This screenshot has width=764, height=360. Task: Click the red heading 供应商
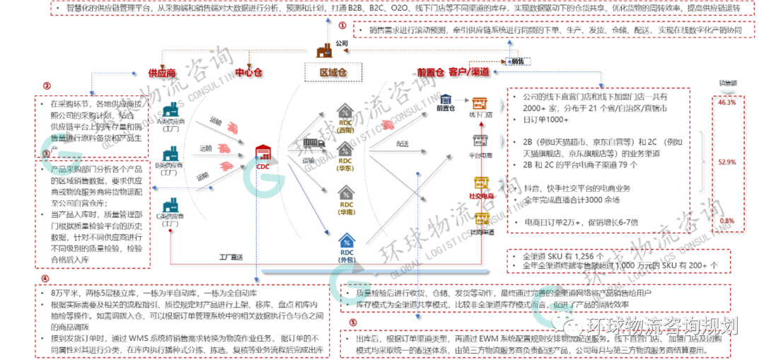point(162,72)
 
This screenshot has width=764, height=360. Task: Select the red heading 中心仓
point(248,72)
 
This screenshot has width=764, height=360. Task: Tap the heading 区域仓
point(333,72)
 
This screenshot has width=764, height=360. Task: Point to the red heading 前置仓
point(429,72)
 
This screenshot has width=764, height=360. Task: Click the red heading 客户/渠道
point(469,72)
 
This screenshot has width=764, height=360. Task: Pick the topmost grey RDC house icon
point(346,112)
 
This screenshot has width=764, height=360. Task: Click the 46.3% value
point(727,102)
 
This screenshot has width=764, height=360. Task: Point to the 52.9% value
point(727,161)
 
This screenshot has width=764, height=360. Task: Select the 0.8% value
point(727,220)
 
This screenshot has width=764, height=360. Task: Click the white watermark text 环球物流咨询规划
point(661,325)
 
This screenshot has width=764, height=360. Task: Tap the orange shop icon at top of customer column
point(480,103)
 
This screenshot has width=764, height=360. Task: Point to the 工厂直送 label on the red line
point(230,257)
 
